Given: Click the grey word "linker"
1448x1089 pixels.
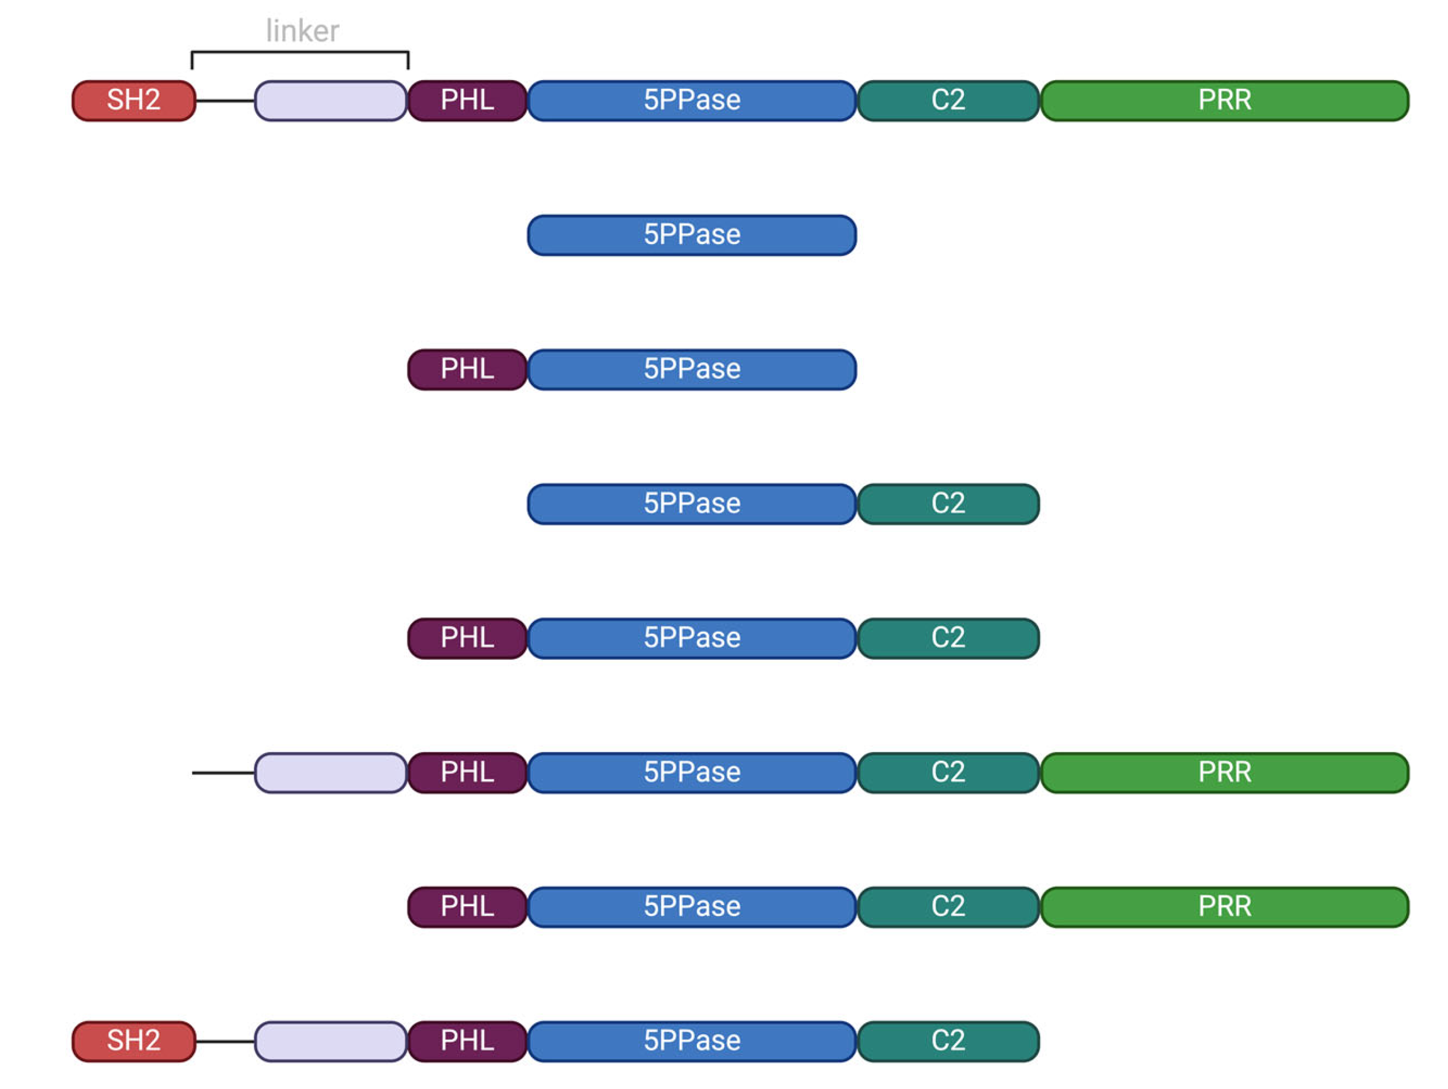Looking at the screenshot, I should point(302,31).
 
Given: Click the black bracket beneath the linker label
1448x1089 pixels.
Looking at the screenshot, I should point(300,52).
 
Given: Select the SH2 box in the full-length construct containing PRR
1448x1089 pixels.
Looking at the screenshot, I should point(133,101).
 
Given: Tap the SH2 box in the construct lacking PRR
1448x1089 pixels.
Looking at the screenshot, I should point(133,1041).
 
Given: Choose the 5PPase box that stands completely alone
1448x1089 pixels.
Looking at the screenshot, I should point(692,235).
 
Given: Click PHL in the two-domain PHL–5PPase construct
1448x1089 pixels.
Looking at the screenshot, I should point(467,370).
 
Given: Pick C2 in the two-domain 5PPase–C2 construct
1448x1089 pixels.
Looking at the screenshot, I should point(948,504).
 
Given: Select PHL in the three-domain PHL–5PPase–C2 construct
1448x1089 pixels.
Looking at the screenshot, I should point(467,638).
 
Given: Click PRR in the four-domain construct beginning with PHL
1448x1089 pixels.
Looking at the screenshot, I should point(1224,907).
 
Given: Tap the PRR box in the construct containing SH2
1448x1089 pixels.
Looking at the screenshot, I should point(1224,101).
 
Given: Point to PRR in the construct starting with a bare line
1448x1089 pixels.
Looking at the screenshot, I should point(1224,773).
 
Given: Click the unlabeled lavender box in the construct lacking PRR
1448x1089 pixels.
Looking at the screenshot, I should point(331,1041).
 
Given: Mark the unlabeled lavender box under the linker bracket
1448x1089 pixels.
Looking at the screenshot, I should point(331,101).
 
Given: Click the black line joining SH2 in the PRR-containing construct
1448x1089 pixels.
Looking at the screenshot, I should point(224,101).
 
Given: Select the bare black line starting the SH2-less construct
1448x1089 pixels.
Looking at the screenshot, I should point(223,773).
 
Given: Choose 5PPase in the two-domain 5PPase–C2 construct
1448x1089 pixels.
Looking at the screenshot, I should point(692,504).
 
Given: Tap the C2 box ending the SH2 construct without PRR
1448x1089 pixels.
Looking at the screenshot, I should point(948,1041).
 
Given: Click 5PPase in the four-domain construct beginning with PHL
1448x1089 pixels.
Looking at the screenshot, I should point(692,907).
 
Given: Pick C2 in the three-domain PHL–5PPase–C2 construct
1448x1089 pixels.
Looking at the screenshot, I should point(948,638).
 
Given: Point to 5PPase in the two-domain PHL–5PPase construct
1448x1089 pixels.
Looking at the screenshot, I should point(692,370).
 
